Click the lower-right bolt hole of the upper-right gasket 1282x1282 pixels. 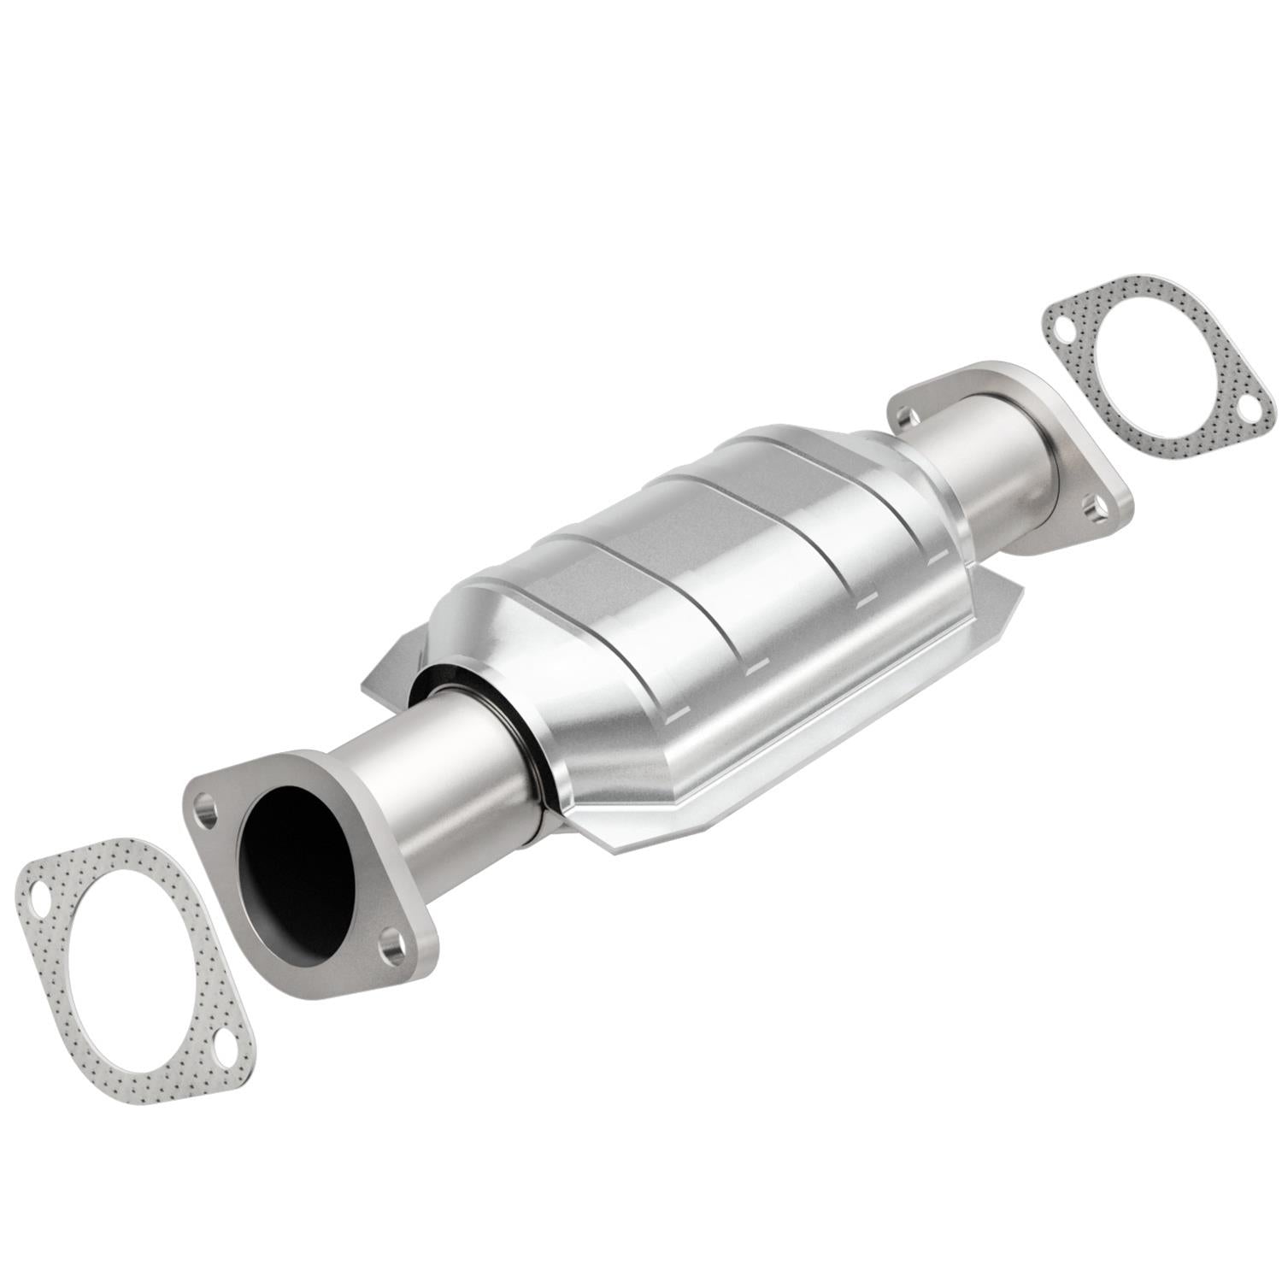pyautogui.click(x=1249, y=409)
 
